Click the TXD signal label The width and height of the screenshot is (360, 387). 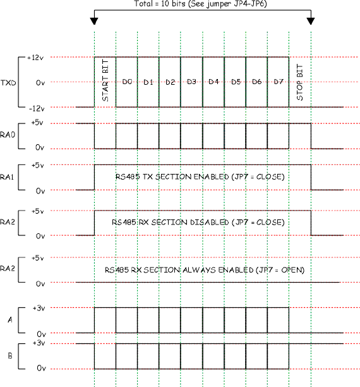(x=8, y=83)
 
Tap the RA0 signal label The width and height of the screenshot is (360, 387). (x=8, y=135)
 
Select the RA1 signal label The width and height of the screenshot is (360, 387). (x=8, y=178)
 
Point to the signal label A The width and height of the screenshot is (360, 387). (x=9, y=321)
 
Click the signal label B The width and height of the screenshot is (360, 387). (x=9, y=356)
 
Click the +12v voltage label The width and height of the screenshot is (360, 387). (x=34, y=58)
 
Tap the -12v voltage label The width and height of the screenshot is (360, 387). (x=35, y=107)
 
